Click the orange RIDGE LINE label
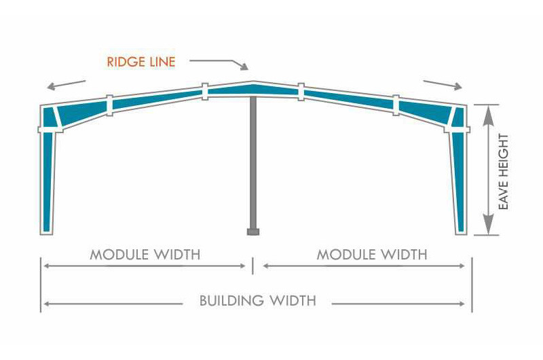pos(141,62)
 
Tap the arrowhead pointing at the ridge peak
pos(246,67)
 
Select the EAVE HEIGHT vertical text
pos(504,171)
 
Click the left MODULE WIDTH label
pos(145,255)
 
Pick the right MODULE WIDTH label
pos(372,255)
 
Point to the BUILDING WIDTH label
pos(257,300)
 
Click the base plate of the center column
pos(253,232)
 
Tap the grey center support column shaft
pos(253,163)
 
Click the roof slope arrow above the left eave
pos(66,85)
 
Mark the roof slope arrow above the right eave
pos(443,85)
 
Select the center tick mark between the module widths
pos(253,266)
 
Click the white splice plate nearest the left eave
pos(109,105)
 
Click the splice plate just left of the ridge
pos(204,92)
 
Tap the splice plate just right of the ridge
pos(301,92)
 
